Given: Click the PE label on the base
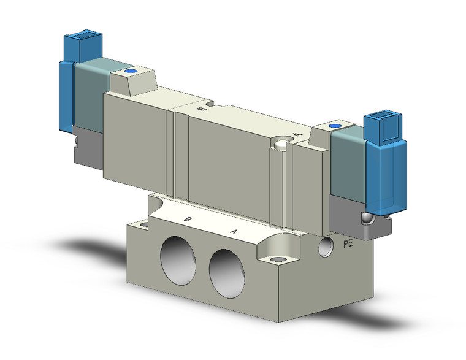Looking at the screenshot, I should (348, 243).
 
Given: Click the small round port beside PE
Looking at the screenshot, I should (326, 247).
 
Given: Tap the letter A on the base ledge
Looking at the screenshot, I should (233, 231).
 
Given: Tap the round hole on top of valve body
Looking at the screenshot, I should (282, 145).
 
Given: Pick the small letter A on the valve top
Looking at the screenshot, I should (297, 133).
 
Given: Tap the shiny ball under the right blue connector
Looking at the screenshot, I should (367, 218).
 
